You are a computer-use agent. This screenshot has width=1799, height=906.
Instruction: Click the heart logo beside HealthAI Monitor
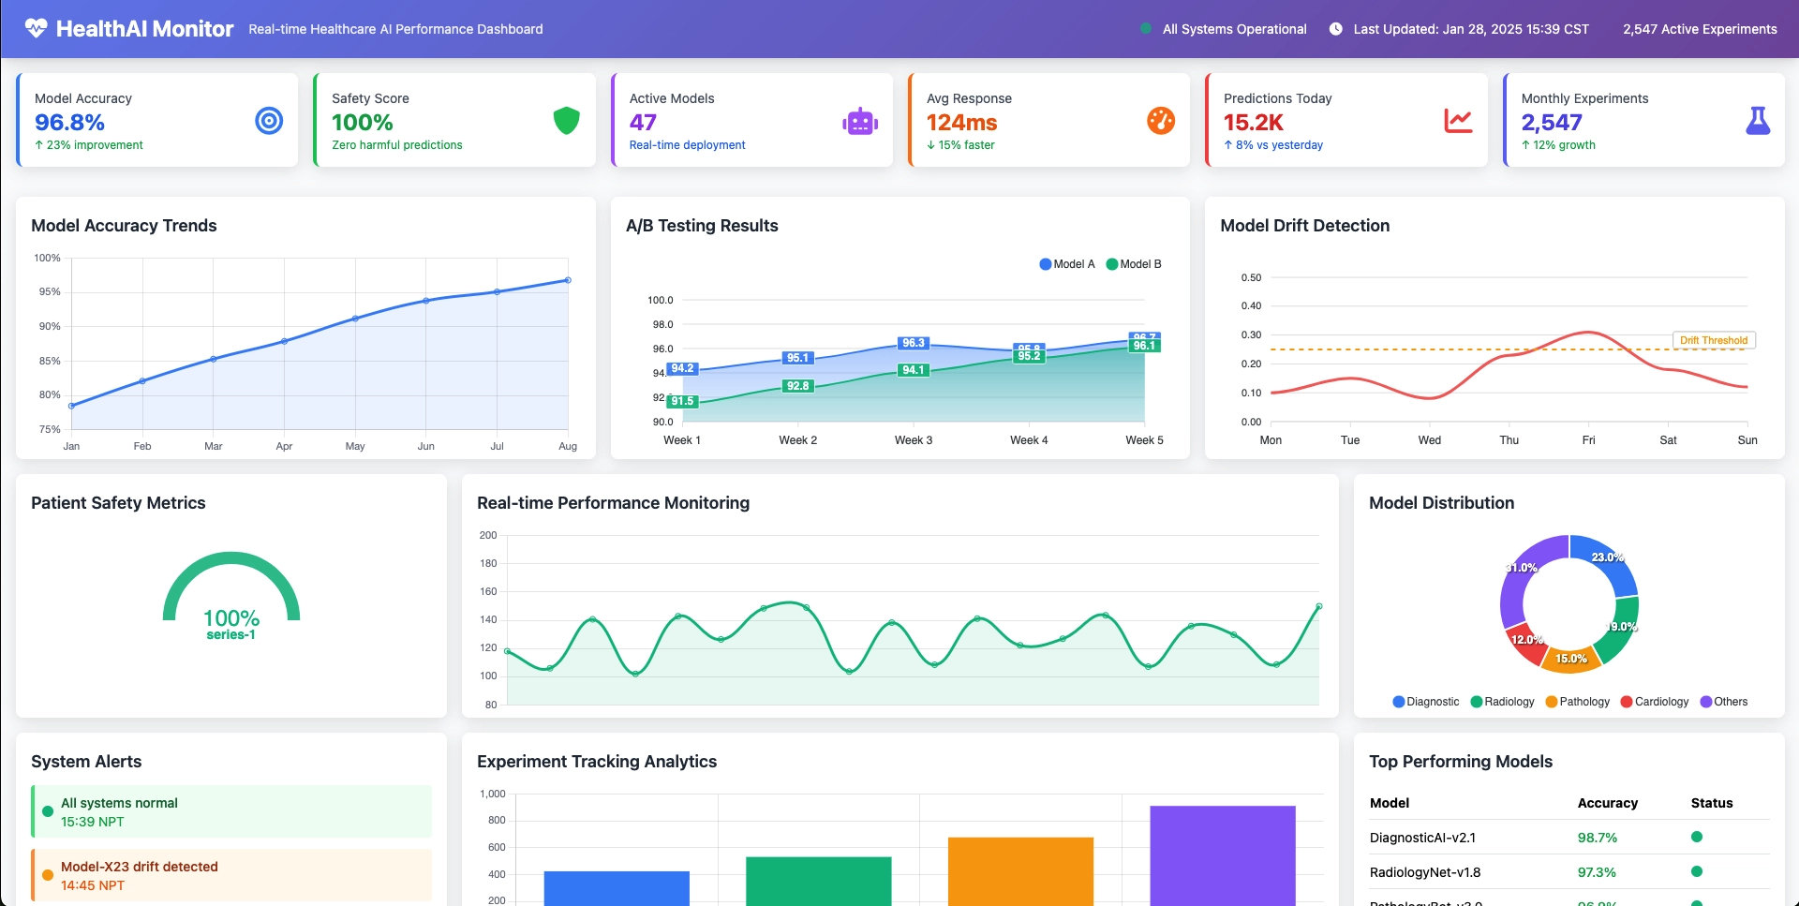(36, 28)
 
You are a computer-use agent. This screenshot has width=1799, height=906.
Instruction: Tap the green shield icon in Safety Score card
(566, 121)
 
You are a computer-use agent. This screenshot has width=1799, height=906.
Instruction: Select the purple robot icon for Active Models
(859, 122)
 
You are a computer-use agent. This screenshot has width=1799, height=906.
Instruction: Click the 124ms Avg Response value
(961, 123)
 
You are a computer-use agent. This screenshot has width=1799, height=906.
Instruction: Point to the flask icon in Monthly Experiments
(1758, 121)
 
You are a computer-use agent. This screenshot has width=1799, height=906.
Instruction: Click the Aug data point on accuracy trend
(568, 280)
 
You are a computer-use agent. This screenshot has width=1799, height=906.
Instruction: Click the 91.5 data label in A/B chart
(682, 401)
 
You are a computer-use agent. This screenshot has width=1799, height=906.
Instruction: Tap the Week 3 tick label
(913, 440)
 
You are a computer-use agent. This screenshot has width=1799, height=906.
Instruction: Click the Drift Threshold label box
(1713, 340)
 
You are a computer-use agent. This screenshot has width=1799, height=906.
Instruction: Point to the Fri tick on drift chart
(1588, 440)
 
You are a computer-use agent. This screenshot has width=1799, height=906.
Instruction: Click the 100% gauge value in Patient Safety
(231, 618)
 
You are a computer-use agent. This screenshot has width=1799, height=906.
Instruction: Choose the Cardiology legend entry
(1655, 702)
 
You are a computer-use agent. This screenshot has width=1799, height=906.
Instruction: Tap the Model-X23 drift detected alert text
(140, 867)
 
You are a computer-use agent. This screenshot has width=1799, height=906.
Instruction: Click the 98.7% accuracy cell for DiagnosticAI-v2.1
(1597, 838)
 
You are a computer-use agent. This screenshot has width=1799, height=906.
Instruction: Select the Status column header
(1711, 803)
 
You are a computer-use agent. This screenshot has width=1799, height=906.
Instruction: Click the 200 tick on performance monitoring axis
(488, 535)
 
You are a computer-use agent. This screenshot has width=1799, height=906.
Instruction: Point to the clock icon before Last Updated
(1335, 29)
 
